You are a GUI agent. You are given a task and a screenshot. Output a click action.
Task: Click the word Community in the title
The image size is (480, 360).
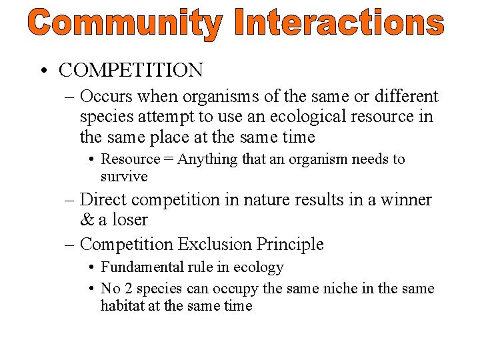125,25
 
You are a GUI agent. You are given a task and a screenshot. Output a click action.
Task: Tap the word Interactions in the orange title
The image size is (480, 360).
339,25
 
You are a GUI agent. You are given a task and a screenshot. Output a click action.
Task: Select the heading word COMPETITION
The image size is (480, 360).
131,70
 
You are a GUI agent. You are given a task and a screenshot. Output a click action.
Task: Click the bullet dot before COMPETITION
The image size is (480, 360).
43,71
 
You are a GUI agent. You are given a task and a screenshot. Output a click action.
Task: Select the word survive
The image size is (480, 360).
124,177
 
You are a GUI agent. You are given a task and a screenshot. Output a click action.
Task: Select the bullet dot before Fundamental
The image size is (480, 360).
91,268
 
